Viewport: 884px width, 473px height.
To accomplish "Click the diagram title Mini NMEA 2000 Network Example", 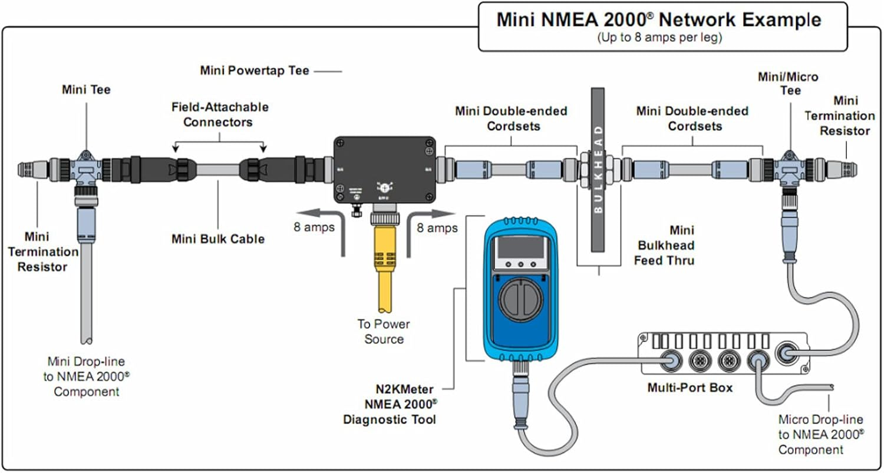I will tap(658, 19).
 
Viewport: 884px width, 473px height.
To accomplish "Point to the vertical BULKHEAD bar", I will tap(598, 171).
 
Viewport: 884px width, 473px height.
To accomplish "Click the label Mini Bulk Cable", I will tap(218, 239).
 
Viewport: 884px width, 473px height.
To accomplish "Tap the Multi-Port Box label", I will tap(690, 388).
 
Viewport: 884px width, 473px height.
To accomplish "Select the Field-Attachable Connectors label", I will tap(220, 115).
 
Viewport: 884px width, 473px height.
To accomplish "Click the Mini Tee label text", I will tap(86, 90).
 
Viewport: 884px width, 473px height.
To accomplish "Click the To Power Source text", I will tap(384, 332).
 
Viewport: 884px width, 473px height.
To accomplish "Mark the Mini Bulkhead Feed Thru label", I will tap(664, 245).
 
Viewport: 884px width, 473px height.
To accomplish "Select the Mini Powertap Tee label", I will tap(255, 71).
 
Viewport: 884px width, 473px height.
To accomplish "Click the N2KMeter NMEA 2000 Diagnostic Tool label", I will tap(391, 404).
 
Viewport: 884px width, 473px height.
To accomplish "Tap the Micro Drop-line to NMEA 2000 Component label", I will tap(821, 435).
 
